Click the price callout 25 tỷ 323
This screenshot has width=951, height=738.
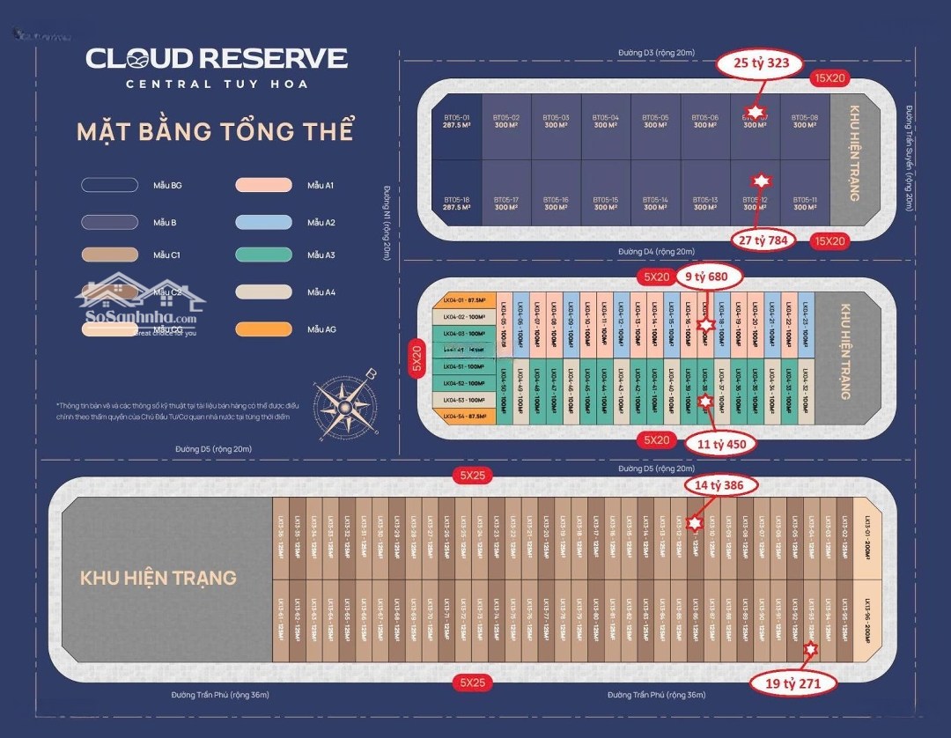point(759,63)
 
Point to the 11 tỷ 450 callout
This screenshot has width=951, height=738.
point(721,444)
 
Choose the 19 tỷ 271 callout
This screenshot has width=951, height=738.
point(789,682)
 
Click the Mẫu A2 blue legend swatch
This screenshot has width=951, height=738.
point(263,222)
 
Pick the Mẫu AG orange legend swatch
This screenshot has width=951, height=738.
point(263,329)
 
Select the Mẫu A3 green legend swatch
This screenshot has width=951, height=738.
point(263,255)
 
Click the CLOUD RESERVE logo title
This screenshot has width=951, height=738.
point(217,59)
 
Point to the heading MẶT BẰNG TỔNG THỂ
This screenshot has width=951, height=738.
point(215,131)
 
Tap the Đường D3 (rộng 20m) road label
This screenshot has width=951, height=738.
point(656,53)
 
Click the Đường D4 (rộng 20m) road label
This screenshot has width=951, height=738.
point(656,252)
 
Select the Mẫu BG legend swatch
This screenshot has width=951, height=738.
point(110,185)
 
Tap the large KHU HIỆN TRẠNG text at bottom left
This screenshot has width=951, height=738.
point(158,578)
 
